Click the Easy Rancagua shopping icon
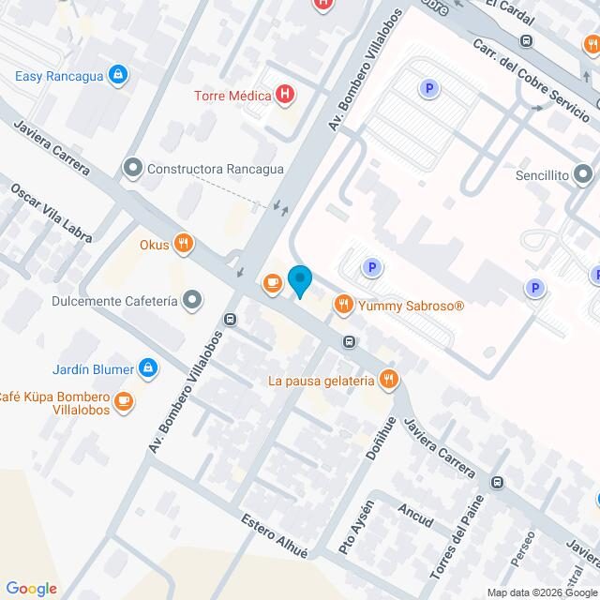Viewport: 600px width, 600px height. click(117, 75)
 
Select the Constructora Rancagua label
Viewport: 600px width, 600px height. click(216, 169)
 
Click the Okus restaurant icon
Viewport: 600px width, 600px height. click(183, 245)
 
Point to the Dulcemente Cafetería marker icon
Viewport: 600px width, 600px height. click(192, 301)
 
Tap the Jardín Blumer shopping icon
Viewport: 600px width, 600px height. click(147, 367)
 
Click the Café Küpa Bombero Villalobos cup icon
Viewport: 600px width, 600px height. click(124, 402)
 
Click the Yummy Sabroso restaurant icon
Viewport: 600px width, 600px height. click(344, 305)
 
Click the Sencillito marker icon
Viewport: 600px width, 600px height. click(583, 174)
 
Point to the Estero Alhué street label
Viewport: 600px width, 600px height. click(274, 535)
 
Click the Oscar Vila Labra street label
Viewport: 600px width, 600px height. click(52, 213)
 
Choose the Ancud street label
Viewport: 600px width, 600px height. click(415, 515)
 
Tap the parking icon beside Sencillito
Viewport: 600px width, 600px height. click(536, 288)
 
